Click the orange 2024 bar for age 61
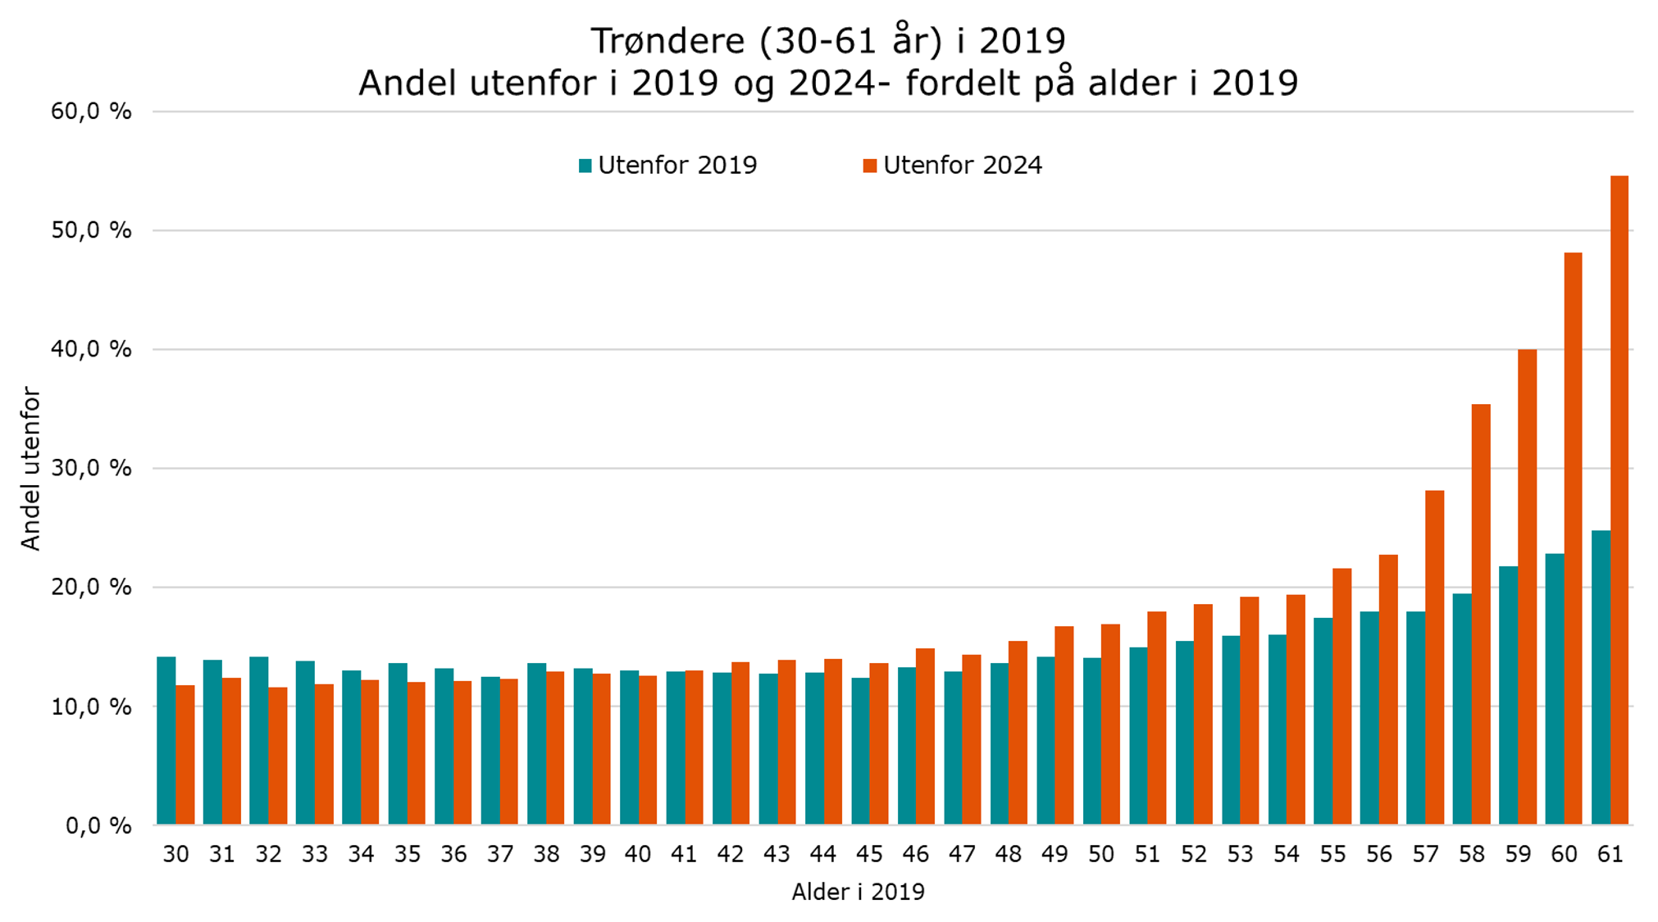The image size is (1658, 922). click(1619, 500)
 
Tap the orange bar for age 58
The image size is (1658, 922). click(1481, 615)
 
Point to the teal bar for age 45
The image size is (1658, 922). click(860, 751)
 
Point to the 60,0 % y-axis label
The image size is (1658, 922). click(91, 111)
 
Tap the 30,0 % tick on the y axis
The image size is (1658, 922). click(91, 469)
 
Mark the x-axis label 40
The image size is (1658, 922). click(638, 855)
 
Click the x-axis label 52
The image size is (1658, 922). click(1193, 855)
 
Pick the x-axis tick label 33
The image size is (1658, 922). click(314, 855)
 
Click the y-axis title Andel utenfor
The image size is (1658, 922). click(30, 469)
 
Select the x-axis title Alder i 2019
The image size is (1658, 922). click(858, 892)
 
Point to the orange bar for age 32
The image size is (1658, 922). click(278, 756)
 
